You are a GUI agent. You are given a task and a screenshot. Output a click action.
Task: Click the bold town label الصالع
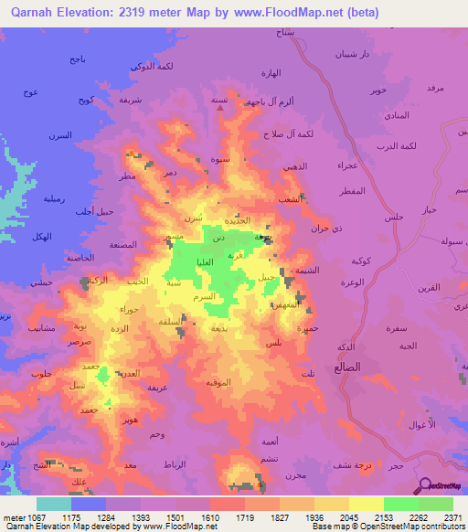point(365,367)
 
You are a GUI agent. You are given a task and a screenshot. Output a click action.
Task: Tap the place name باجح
point(77,59)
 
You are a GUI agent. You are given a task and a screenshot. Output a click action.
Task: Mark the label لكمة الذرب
point(422,147)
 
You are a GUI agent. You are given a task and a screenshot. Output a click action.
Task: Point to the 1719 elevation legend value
point(245,516)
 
